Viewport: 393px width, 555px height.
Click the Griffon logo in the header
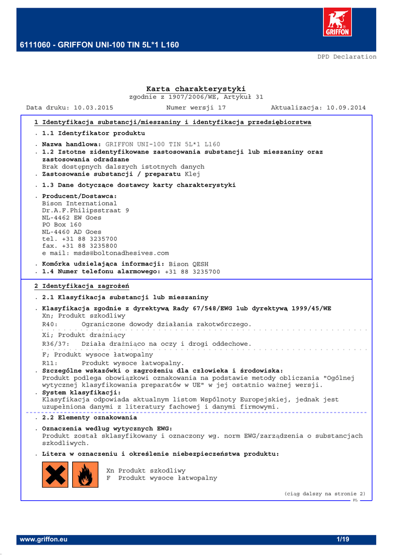click(337, 23)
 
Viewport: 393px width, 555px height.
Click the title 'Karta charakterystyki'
click(196, 89)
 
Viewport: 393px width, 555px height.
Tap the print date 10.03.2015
click(93, 108)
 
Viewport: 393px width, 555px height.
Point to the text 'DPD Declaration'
click(347, 56)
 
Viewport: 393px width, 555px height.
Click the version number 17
click(221, 108)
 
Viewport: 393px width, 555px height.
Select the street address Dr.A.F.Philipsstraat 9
click(86, 210)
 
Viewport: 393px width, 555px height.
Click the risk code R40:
click(50, 324)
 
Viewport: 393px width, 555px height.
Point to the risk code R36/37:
click(56, 344)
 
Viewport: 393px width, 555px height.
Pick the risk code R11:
click(50, 363)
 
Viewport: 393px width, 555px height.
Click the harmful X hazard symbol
click(55, 474)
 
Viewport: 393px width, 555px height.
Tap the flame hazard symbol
click(85, 474)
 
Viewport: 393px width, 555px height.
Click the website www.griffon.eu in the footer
click(43, 540)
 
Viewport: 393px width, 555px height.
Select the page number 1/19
click(344, 540)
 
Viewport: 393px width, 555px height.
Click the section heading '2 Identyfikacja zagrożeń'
click(81, 286)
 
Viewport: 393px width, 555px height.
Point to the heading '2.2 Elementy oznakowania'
click(90, 418)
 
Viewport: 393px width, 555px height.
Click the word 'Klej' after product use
click(192, 175)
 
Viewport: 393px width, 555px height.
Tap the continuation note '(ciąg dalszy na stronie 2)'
click(325, 494)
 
